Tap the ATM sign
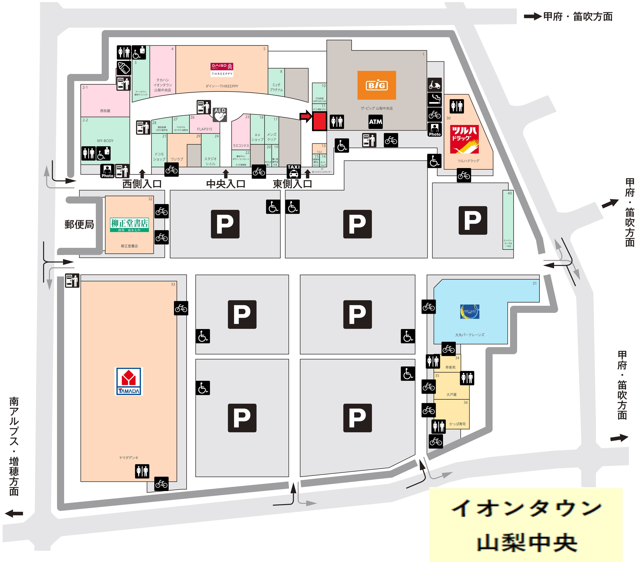coord(375,122)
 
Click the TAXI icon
coord(294,171)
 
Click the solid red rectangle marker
coord(319,121)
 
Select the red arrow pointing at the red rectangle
coord(305,117)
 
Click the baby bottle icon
coord(124,67)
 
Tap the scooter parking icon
coord(435,85)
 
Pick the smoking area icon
coord(435,99)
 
